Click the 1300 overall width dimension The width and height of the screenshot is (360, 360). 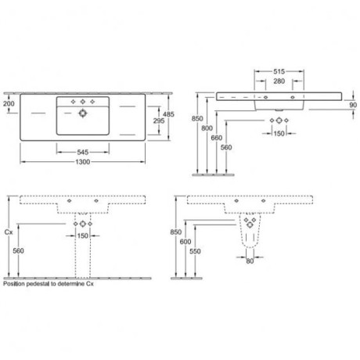(x=83, y=162)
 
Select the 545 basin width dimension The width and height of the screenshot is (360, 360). (x=83, y=152)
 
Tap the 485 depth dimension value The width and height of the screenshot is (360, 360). (x=168, y=114)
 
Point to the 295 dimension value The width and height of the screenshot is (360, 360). (x=159, y=121)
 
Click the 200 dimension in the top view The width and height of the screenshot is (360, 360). (x=9, y=104)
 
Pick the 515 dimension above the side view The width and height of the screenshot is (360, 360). (x=279, y=71)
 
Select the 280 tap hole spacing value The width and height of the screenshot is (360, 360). (x=279, y=81)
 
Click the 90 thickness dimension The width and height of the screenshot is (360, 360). (x=353, y=105)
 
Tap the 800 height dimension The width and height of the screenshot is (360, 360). (x=207, y=128)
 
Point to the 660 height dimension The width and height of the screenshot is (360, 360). (x=217, y=138)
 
